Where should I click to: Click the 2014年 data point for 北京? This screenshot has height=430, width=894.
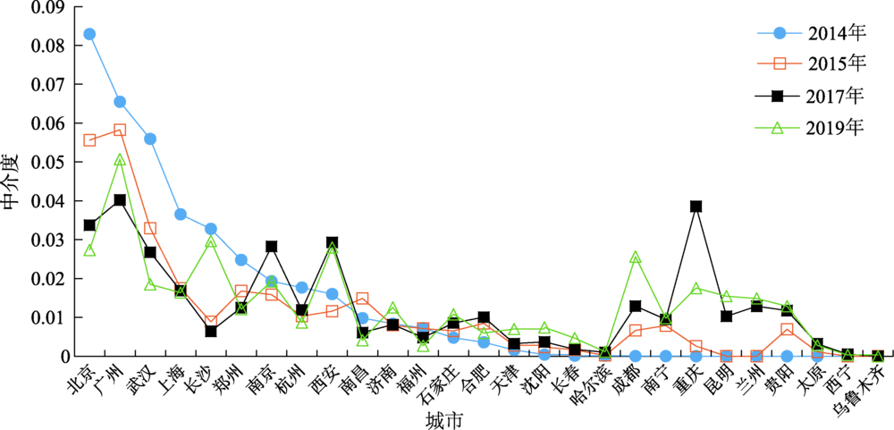point(89,34)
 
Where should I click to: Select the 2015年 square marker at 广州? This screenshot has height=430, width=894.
point(120,130)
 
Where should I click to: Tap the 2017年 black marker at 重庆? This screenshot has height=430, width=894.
point(696,207)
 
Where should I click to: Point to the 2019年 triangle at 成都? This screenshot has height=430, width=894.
point(636,257)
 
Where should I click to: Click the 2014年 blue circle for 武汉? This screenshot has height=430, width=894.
point(150,139)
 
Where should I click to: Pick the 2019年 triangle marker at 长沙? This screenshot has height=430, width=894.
point(211,242)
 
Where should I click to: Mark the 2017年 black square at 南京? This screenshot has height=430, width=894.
point(272,247)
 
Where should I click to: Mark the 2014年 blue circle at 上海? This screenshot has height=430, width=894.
point(181,215)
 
